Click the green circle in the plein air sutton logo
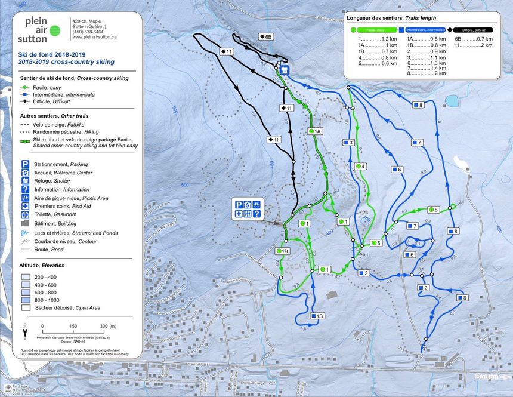(x=55, y=30)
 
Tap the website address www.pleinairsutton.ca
(x=94, y=37)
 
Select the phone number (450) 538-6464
(x=88, y=32)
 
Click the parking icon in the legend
(x=26, y=164)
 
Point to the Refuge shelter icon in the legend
(x=26, y=180)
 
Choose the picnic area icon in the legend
(x=26, y=197)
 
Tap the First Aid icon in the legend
(x=26, y=205)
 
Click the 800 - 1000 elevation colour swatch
(x=26, y=300)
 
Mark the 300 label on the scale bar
(x=103, y=326)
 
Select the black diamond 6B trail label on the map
(x=266, y=36)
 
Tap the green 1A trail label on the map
(x=314, y=131)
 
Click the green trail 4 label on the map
(x=360, y=166)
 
